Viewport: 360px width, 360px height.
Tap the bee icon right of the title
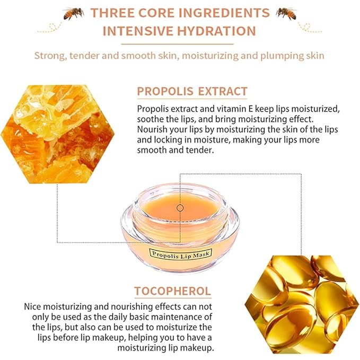[x=287, y=12]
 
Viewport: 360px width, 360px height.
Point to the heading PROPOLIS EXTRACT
[x=192, y=91]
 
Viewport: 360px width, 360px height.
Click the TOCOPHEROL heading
[x=172, y=291]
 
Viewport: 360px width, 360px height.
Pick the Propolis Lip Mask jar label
[x=180, y=254]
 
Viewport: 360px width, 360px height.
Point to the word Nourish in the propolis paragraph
[x=152, y=129]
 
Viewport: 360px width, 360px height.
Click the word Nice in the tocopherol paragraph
[x=33, y=307]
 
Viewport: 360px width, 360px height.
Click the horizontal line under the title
[x=180, y=44]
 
